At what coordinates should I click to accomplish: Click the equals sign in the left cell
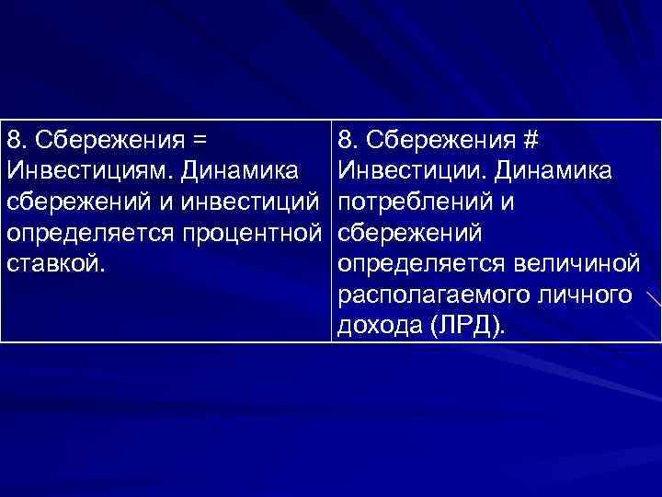pyautogui.click(x=198, y=142)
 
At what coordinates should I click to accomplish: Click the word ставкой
pyautogui.click(x=56, y=265)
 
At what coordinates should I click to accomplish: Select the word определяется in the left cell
pyautogui.click(x=87, y=234)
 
